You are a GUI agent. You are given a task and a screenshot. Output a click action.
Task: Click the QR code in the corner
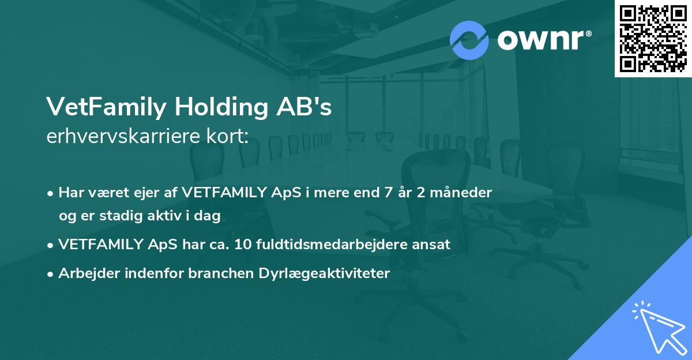click(653, 39)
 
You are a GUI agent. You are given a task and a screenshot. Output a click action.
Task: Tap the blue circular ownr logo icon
click(469, 40)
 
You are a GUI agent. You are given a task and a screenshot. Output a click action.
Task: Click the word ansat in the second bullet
click(434, 244)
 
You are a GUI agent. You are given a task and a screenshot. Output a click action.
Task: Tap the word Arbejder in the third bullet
click(84, 273)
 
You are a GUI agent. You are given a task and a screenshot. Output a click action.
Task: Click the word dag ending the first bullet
click(210, 215)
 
